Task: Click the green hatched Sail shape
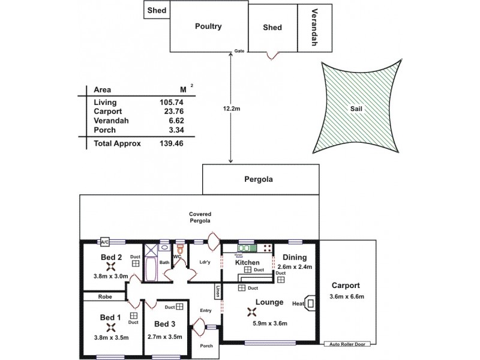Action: pos(356,109)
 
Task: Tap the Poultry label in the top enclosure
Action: pos(209,26)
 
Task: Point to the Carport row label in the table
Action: pos(108,111)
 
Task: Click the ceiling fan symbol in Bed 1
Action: pos(110,327)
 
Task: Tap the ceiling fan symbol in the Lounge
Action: pos(252,311)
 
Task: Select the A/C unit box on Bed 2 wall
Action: pos(105,242)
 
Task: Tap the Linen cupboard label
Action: pos(217,292)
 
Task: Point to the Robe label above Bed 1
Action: pos(106,296)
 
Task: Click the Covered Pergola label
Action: pos(200,218)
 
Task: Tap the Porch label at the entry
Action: pos(206,346)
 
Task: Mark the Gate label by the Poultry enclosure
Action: pos(239,51)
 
